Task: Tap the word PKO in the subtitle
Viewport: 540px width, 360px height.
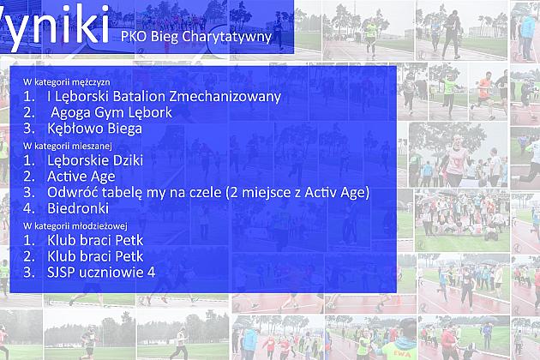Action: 134,37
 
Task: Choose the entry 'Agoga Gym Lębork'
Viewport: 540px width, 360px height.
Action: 111,112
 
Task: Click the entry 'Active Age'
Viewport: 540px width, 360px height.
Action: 81,177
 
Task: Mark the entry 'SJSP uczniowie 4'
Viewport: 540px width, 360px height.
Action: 102,273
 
